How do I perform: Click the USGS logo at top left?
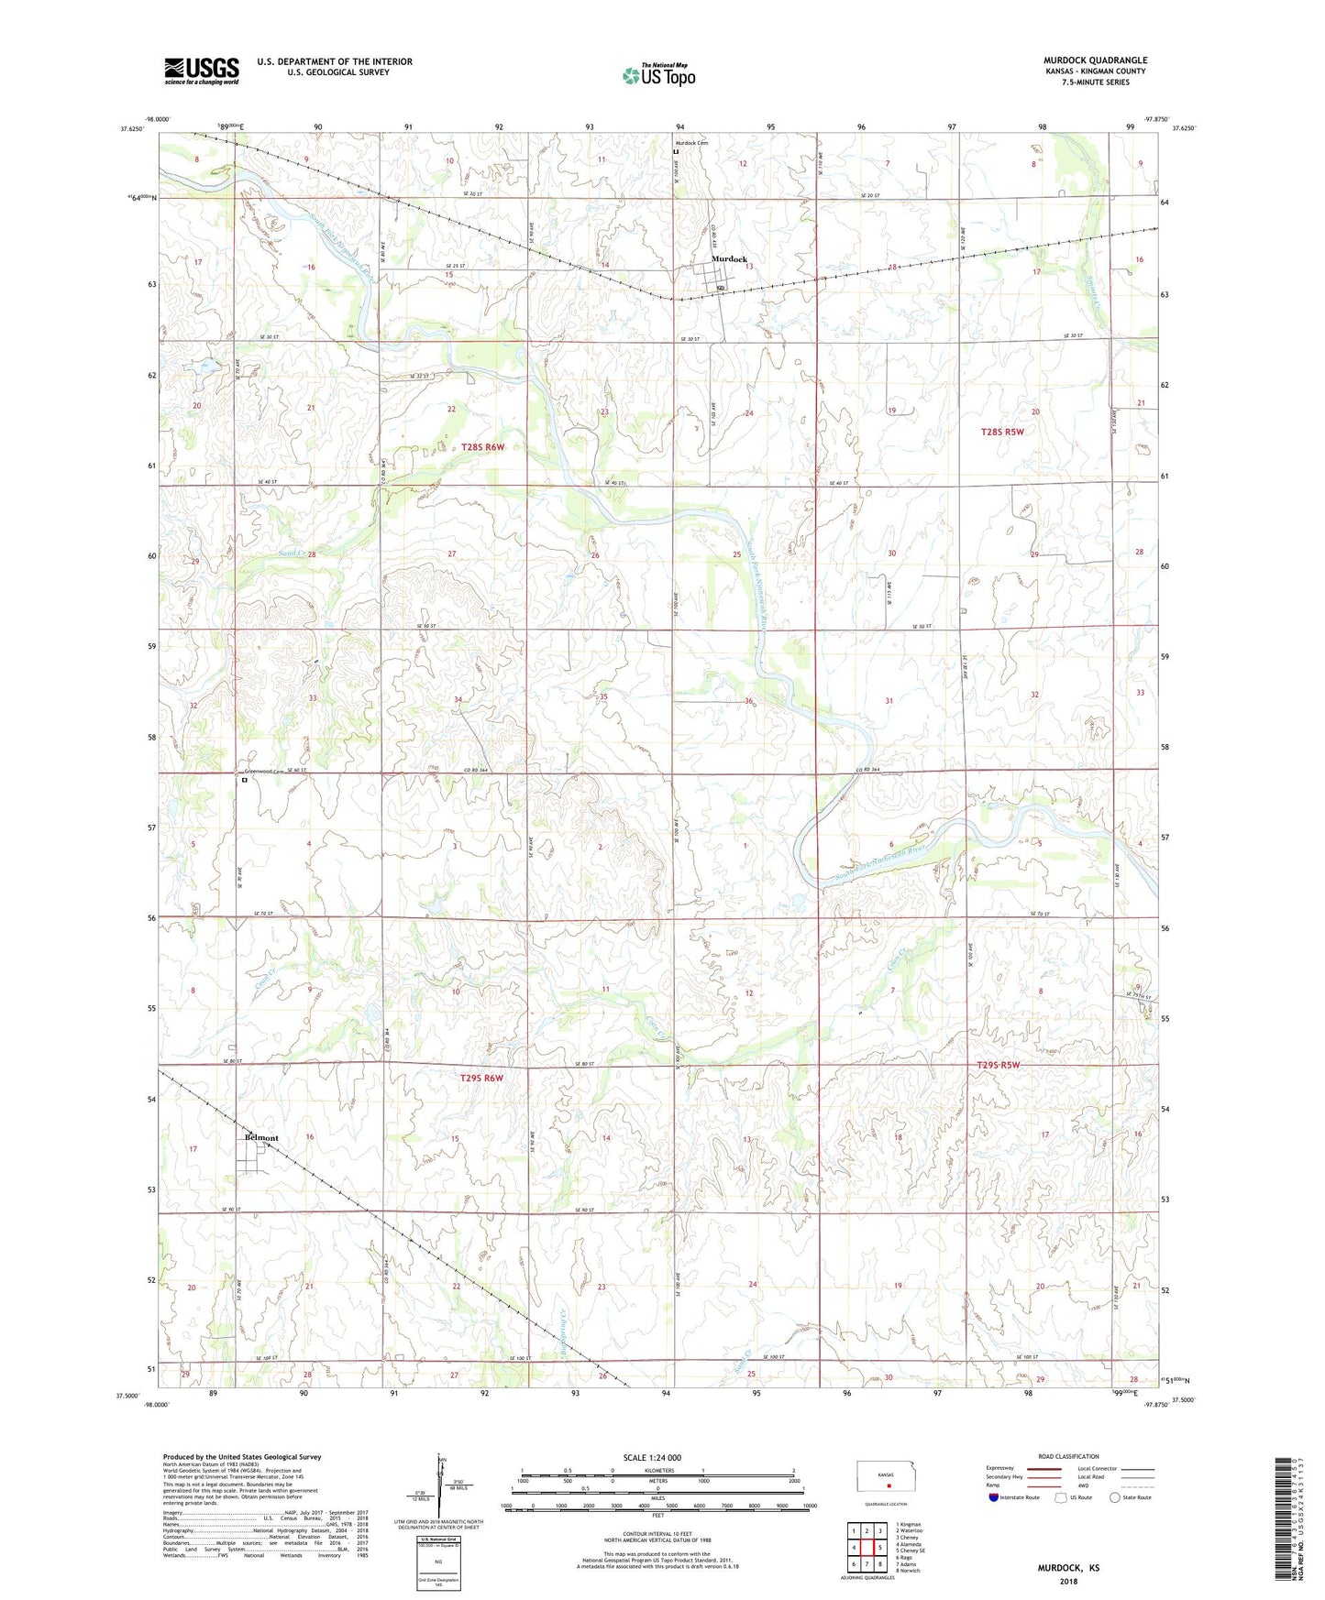click(202, 71)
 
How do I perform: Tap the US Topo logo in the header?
click(658, 75)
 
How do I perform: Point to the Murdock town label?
click(730, 259)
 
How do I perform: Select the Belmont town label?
click(261, 1138)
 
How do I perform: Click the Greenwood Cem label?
click(260, 772)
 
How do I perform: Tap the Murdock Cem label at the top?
click(692, 143)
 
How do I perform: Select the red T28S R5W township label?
click(1002, 431)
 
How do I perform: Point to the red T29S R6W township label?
click(481, 1079)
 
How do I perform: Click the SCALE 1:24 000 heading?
click(652, 1458)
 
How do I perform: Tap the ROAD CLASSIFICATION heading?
click(1068, 1456)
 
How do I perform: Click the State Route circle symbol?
click(1115, 1497)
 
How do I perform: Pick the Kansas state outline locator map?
click(887, 1478)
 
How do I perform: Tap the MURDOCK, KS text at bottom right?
click(1068, 1568)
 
